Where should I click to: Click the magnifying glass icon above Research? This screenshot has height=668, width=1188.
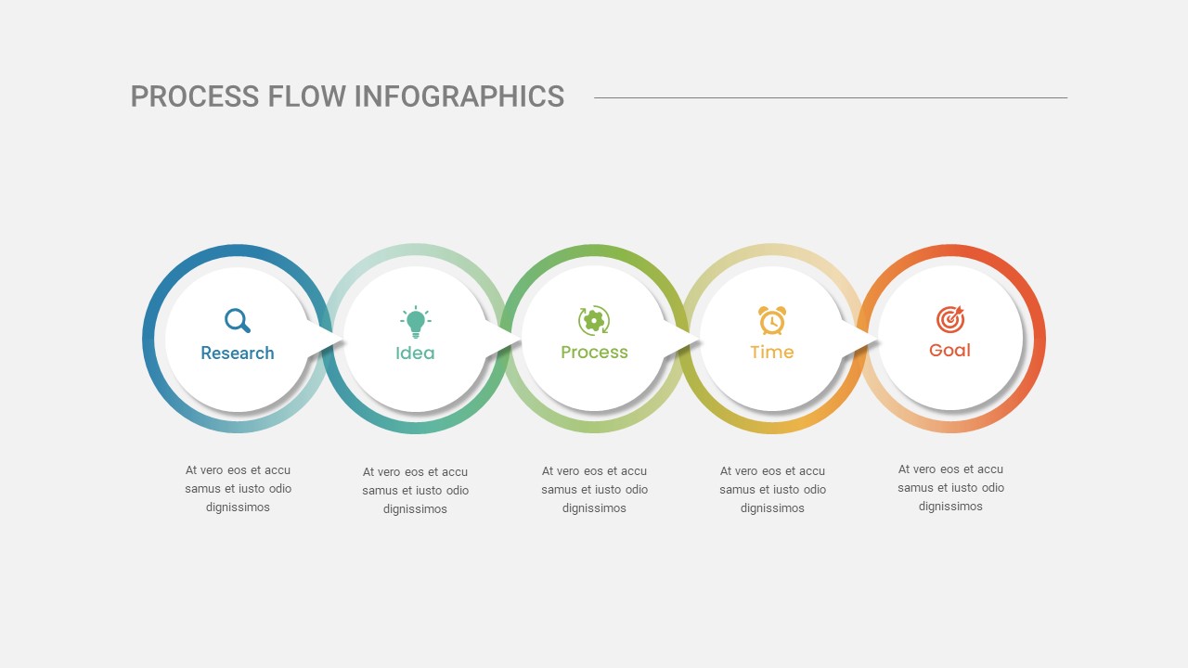[x=237, y=320]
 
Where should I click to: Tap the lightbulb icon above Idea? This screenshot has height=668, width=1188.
[x=415, y=322]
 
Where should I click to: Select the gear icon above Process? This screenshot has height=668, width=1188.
[x=594, y=320]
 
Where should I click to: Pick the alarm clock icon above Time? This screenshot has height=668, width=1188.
[x=772, y=320]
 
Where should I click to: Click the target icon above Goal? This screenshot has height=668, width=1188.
[x=949, y=319]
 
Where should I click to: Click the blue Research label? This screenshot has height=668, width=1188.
[x=237, y=353]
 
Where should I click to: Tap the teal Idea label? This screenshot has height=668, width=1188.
[x=415, y=353]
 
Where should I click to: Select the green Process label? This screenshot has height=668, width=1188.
[x=594, y=352]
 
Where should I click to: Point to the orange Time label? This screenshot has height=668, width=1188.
[x=772, y=352]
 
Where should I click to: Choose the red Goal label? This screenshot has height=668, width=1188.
[x=949, y=351]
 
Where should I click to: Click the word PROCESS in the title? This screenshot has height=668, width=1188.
[x=195, y=96]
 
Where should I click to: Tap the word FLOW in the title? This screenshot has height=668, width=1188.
[x=306, y=96]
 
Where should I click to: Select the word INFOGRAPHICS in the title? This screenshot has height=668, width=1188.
[x=459, y=96]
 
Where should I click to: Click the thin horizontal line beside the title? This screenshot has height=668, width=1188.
[x=831, y=97]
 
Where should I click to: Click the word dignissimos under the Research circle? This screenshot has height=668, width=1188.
[x=238, y=507]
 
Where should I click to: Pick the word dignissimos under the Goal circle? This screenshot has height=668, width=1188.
[x=950, y=507]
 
